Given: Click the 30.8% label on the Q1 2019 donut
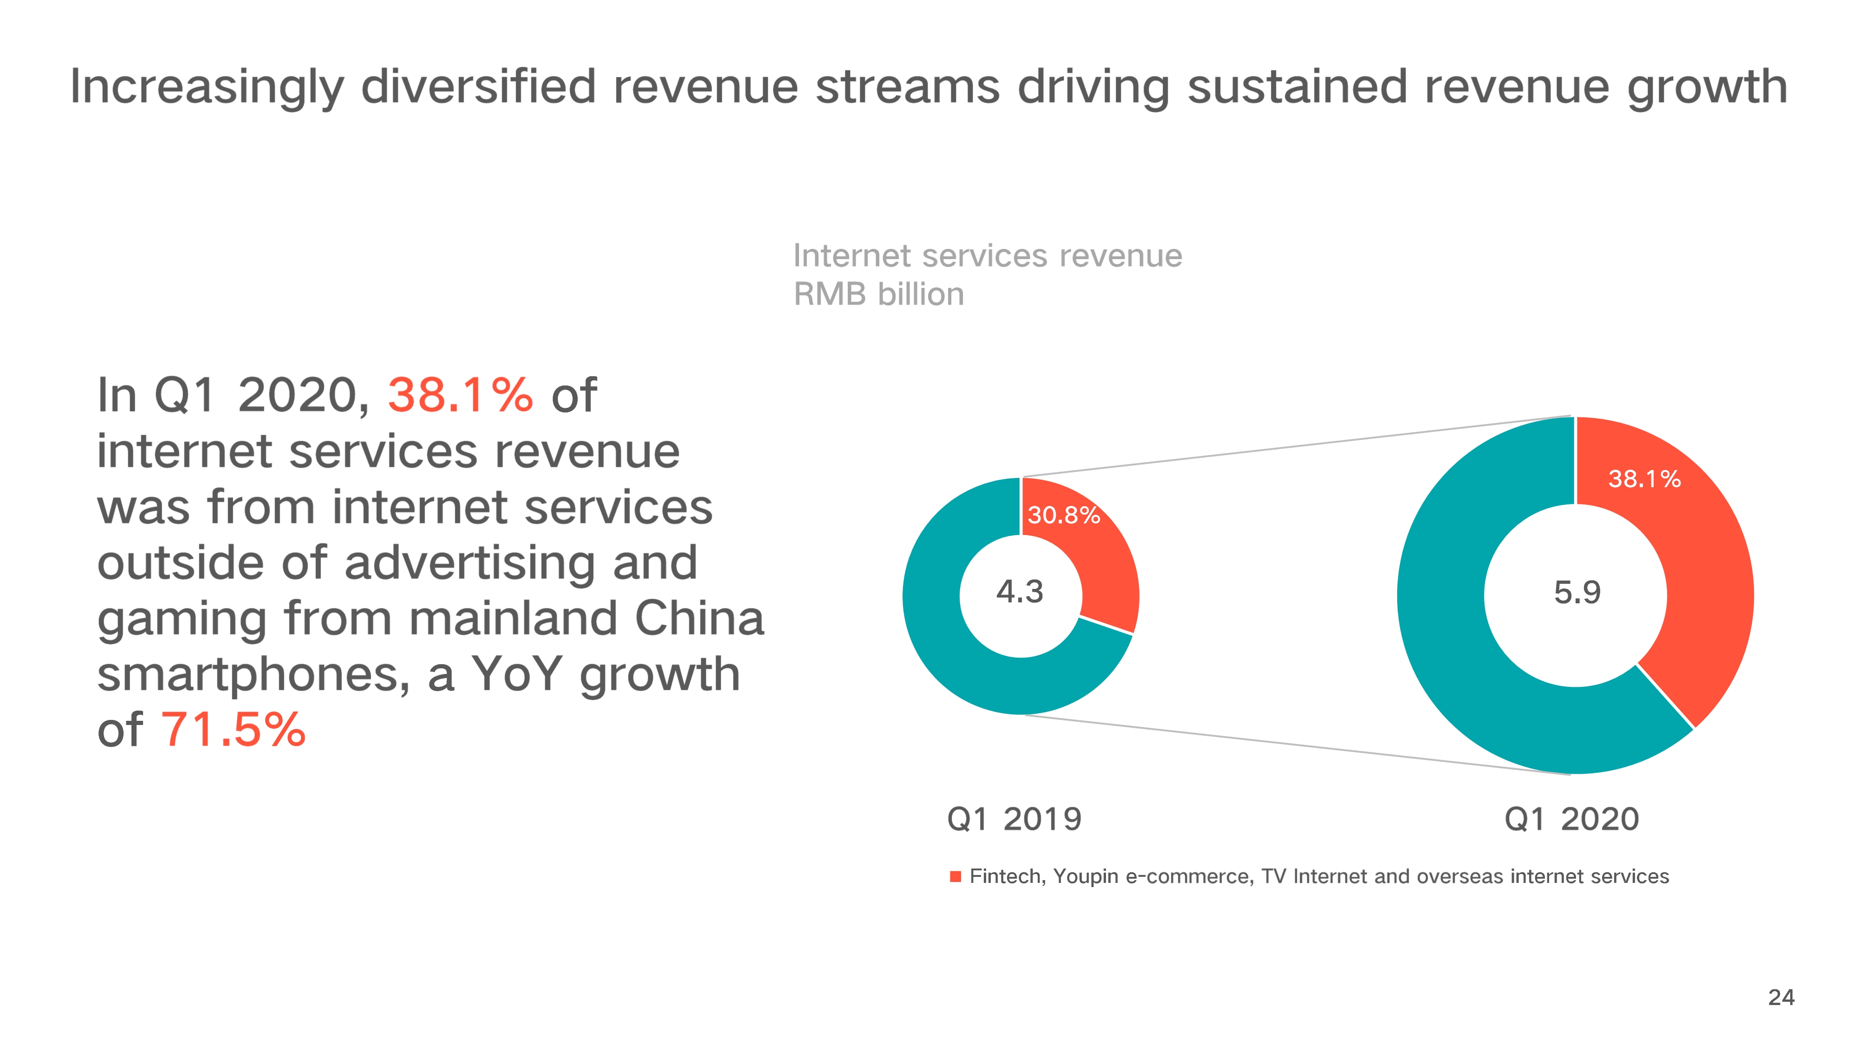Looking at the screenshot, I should [1063, 515].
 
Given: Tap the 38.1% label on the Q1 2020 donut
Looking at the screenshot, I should [1644, 479].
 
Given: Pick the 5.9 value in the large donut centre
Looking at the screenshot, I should [1577, 593].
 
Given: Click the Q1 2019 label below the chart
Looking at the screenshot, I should [1014, 819].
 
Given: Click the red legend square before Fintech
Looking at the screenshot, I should [955, 877].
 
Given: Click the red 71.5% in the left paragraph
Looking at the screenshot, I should [233, 729].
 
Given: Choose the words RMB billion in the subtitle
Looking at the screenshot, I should [878, 294].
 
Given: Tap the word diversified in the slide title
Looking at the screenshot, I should [478, 86].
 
